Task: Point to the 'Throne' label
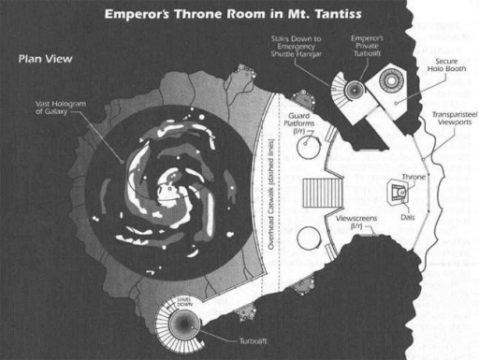(x=413, y=177)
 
